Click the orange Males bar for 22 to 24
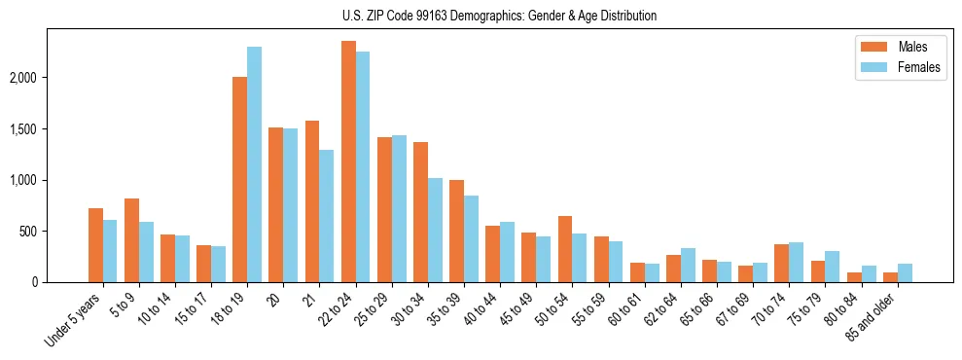click(348, 162)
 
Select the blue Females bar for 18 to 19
click(254, 165)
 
